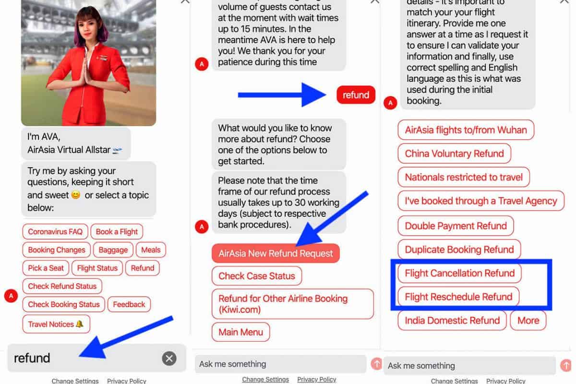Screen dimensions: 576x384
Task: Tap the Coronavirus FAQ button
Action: (x=55, y=231)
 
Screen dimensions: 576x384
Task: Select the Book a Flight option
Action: (x=117, y=231)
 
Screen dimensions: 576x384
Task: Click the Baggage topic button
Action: (x=113, y=250)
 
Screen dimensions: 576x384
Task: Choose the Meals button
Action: (x=151, y=250)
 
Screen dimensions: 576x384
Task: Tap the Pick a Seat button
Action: (x=46, y=268)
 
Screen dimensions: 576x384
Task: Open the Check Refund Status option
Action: (x=62, y=286)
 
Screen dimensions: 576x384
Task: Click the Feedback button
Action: (x=129, y=304)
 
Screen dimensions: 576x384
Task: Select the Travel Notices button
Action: (x=56, y=324)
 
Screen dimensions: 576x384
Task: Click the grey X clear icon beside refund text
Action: (x=169, y=358)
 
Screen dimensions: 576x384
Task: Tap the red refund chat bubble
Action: (x=356, y=95)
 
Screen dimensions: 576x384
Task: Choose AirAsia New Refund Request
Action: (x=276, y=253)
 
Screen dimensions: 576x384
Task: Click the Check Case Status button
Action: (x=257, y=276)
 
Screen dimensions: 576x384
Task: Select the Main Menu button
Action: (x=241, y=332)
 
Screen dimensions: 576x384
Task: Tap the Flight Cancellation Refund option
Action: (x=460, y=273)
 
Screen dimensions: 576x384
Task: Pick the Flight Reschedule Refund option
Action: (x=458, y=297)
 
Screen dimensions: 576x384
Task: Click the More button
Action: (x=528, y=321)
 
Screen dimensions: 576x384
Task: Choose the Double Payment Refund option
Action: (x=456, y=226)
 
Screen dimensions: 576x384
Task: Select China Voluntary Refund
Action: (x=455, y=154)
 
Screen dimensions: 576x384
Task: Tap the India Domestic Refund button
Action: (x=452, y=321)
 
